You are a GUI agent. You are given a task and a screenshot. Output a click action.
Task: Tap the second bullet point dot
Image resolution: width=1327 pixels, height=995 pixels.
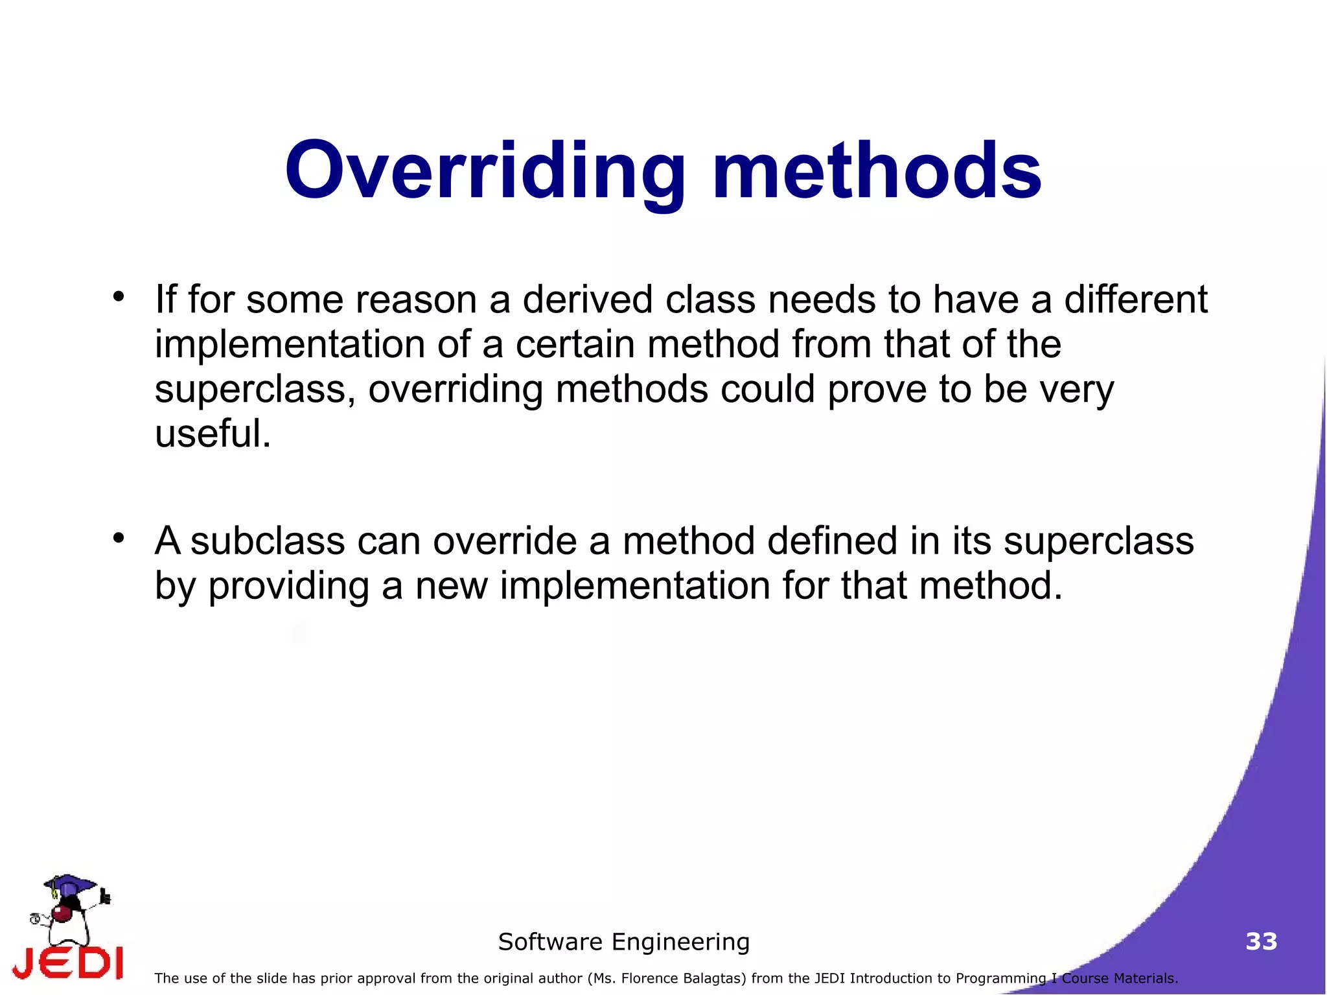click(118, 538)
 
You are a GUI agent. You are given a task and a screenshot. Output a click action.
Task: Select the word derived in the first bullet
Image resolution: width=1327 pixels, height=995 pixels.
click(587, 300)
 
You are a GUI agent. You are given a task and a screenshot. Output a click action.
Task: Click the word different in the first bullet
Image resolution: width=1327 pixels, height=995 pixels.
click(1135, 300)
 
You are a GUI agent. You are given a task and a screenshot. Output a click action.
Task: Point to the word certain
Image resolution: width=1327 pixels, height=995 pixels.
click(575, 344)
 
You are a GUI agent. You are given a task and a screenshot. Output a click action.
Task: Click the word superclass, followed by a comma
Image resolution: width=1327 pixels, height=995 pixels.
click(255, 390)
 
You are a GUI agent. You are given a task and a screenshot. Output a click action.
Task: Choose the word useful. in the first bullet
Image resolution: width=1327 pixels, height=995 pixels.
click(213, 434)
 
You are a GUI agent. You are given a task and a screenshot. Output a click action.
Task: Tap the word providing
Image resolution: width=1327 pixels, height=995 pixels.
click(288, 586)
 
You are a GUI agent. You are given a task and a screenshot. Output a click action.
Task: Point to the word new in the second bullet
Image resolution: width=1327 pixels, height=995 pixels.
click(451, 586)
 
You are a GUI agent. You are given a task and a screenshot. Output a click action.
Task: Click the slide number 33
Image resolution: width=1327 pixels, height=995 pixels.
click(1261, 941)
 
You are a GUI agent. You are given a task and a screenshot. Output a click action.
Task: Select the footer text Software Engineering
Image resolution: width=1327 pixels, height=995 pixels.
click(623, 942)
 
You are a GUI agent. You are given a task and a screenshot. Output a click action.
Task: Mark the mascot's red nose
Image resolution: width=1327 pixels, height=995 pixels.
click(62, 914)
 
